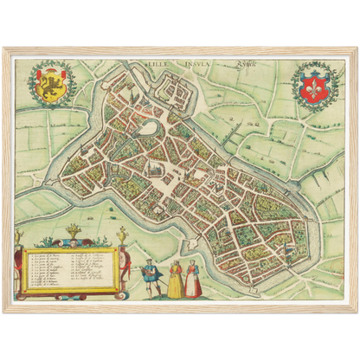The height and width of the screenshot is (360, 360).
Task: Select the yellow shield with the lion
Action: [51, 82]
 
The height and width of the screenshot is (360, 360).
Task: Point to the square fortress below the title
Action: [178, 86]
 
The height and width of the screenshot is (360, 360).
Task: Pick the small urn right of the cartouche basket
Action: [122, 235]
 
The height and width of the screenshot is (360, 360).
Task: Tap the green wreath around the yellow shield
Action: [34, 82]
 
